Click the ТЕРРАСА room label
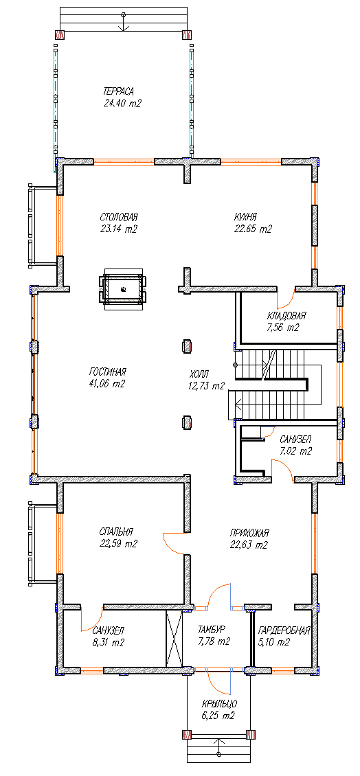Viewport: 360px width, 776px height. (119, 91)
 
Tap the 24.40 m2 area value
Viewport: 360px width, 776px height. (122, 104)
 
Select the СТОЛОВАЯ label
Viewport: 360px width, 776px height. (118, 217)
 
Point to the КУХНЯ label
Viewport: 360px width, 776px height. (246, 217)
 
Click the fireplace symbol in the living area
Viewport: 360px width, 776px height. (123, 289)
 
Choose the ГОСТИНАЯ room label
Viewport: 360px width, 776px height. (108, 372)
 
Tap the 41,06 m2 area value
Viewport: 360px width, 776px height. (107, 384)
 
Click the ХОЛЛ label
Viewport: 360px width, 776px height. (199, 374)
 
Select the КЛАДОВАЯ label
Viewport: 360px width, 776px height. (286, 315)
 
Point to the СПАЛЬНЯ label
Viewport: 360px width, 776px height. (116, 532)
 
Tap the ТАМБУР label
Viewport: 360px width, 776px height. (212, 630)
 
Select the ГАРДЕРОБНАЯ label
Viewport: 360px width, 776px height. (284, 630)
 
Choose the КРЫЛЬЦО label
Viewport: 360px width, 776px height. (220, 704)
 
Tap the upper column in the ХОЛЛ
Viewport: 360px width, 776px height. (187, 346)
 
